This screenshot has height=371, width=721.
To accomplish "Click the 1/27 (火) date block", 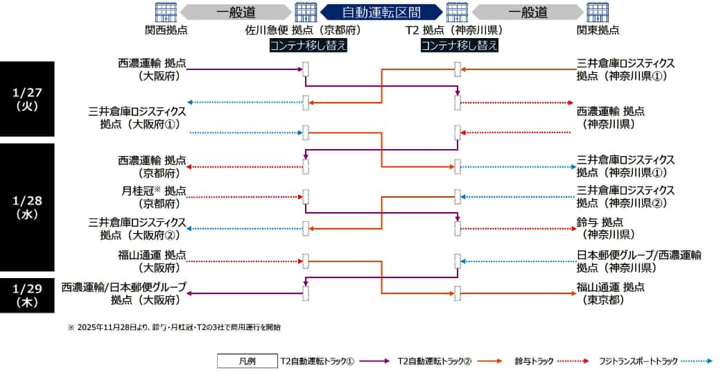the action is [27, 99].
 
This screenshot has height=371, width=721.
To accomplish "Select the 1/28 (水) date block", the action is [27, 207].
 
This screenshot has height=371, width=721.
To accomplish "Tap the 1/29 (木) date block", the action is [27, 295].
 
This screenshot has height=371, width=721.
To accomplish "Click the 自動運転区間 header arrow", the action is [381, 12].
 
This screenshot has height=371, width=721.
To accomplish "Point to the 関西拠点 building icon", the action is [166, 12].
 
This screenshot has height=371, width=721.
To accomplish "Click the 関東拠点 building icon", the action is [598, 12].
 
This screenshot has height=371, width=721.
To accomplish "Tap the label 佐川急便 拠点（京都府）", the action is [303, 31].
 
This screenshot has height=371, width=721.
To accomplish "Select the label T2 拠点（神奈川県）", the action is [454, 31].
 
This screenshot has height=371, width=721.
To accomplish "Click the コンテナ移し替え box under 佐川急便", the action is [308, 45].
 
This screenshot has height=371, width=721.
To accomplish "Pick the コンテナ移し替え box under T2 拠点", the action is [460, 45].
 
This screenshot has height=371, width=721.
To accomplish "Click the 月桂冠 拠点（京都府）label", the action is [154, 197].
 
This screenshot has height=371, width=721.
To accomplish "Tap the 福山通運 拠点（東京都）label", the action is [611, 293].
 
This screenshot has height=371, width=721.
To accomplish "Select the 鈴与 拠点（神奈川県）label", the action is [606, 228].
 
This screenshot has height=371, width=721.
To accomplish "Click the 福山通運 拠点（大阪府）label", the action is [153, 261].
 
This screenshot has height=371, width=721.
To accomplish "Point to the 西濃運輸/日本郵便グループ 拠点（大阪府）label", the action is [124, 293].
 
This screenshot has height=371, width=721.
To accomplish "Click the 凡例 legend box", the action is [247, 361].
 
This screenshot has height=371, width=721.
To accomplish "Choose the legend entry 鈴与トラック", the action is [551, 361].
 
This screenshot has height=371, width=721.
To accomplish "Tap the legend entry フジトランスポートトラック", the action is [656, 361].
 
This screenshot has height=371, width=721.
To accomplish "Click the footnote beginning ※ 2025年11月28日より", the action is [174, 327].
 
